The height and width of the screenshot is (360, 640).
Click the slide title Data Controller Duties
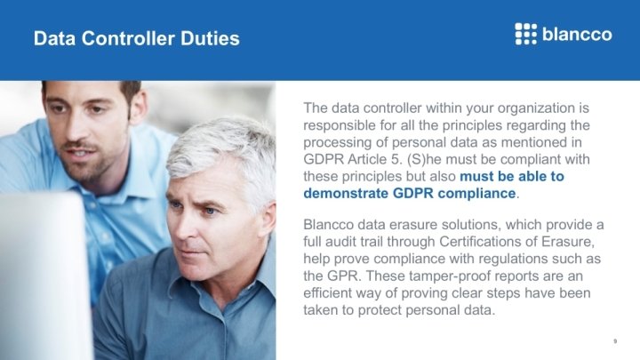coord(136,39)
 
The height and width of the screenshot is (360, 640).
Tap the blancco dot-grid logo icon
coord(526,34)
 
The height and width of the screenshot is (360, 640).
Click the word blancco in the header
coord(577,35)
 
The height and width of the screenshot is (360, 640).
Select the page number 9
coord(615,341)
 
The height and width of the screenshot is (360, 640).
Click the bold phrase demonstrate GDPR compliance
coord(410,193)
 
